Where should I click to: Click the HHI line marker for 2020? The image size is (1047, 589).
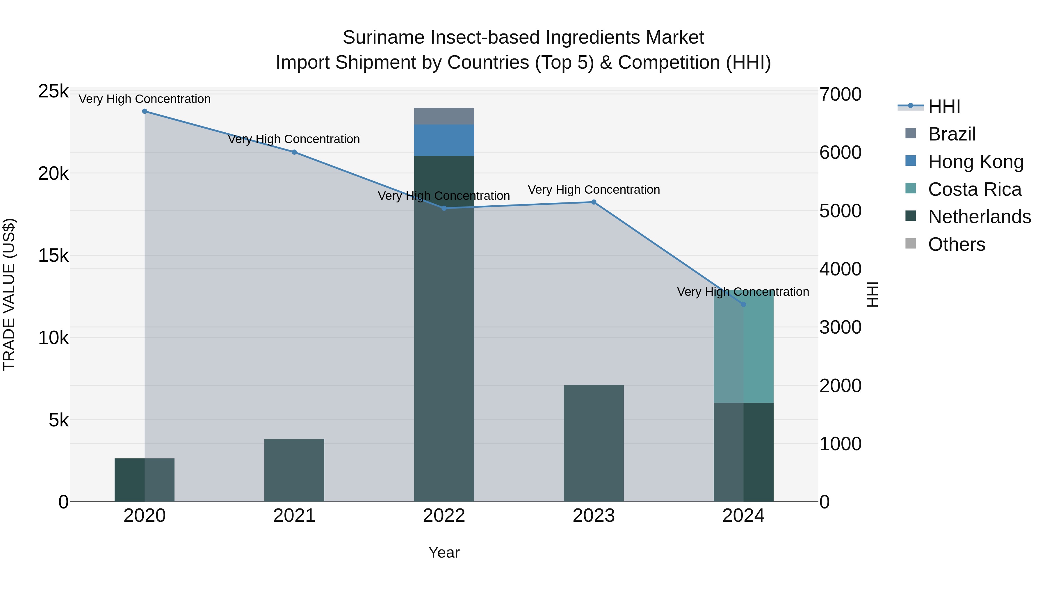click(145, 111)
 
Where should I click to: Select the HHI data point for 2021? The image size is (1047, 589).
click(294, 152)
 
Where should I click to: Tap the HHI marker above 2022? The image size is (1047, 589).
click(444, 208)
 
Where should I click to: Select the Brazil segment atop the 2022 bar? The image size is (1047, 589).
click(444, 116)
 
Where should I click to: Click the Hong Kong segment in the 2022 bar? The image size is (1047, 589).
click(444, 140)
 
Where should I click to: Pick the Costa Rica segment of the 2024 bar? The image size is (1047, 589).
click(743, 354)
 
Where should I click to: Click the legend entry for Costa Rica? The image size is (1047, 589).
click(974, 189)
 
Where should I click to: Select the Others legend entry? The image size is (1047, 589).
click(956, 245)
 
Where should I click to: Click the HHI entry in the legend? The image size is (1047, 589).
click(944, 106)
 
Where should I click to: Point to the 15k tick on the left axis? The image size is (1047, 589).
click(53, 256)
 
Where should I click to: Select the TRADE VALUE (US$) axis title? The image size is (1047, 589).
click(9, 295)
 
